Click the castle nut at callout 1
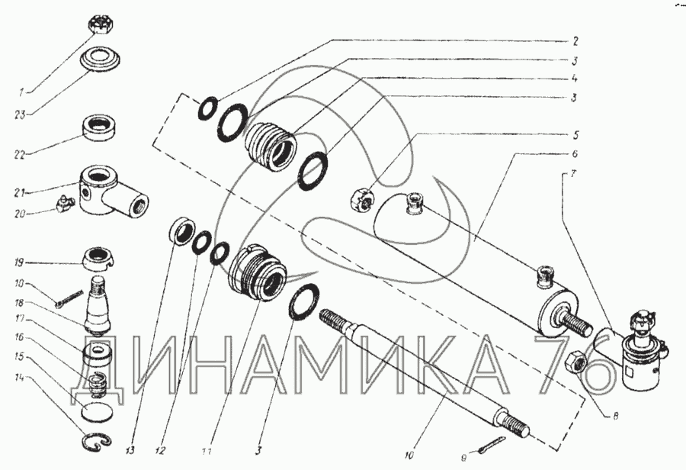pos(102,30)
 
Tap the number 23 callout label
pos(20,114)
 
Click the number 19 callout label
pos(19,262)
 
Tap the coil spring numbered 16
pos(98,379)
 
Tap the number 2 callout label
pos(575,42)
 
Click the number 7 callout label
pos(573,174)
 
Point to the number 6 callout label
pos(575,154)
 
